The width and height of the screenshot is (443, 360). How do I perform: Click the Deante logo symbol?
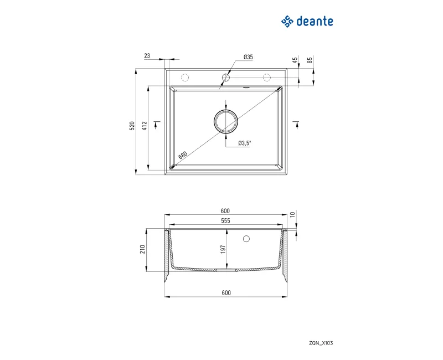[x=287, y=22]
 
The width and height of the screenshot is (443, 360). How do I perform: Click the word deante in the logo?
[x=315, y=22]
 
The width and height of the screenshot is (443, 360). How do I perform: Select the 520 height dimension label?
[x=132, y=126]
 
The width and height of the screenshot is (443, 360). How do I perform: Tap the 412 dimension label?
[x=145, y=126]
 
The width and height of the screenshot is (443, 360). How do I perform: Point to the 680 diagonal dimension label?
[x=183, y=155]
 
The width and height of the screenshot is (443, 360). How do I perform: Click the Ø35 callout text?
[x=248, y=57]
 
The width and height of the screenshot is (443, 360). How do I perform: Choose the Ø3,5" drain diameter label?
[x=244, y=143]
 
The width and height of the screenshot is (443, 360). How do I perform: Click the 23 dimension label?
[x=147, y=56]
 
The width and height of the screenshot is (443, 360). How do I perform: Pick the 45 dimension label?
[x=295, y=60]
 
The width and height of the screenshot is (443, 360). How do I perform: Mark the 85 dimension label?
[x=310, y=60]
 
